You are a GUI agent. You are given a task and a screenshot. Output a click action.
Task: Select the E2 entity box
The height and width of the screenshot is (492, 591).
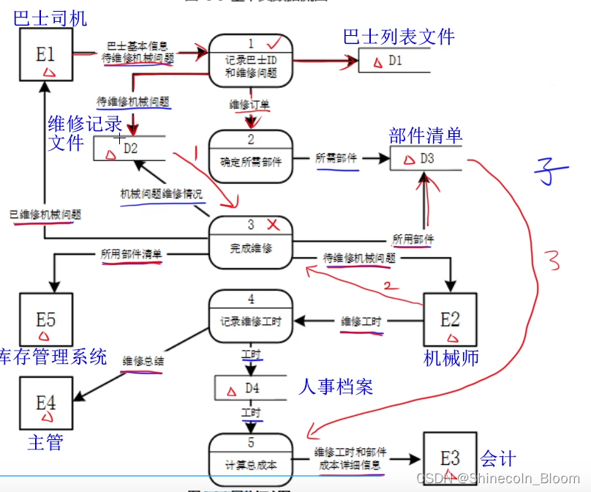click(x=450, y=320)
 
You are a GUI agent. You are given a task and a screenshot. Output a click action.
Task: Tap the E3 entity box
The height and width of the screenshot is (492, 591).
click(x=449, y=459)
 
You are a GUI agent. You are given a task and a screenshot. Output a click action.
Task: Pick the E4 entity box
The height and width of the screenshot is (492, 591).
click(x=46, y=403)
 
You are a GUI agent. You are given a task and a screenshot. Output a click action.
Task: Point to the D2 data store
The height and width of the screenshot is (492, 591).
click(x=129, y=149)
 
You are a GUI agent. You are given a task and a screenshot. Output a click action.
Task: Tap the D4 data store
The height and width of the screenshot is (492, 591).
click(x=252, y=387)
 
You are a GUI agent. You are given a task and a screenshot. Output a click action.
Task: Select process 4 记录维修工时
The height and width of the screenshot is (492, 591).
click(x=251, y=316)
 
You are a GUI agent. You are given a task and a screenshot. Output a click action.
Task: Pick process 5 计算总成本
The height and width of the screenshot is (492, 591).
click(x=251, y=458)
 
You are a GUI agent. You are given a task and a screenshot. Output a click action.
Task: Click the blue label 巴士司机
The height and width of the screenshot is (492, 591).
click(x=50, y=18)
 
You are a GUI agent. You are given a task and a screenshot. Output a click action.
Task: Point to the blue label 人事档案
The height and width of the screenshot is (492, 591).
click(x=336, y=386)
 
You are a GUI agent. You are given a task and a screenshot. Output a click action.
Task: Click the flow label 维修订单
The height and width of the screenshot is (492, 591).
click(x=249, y=105)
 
